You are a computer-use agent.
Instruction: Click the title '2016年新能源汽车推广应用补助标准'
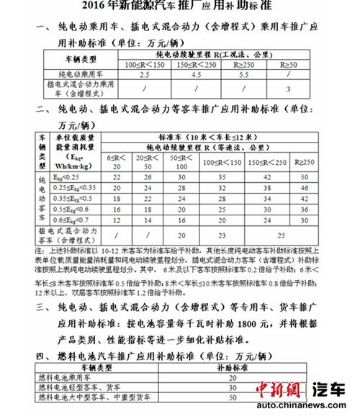click(180, 10)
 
